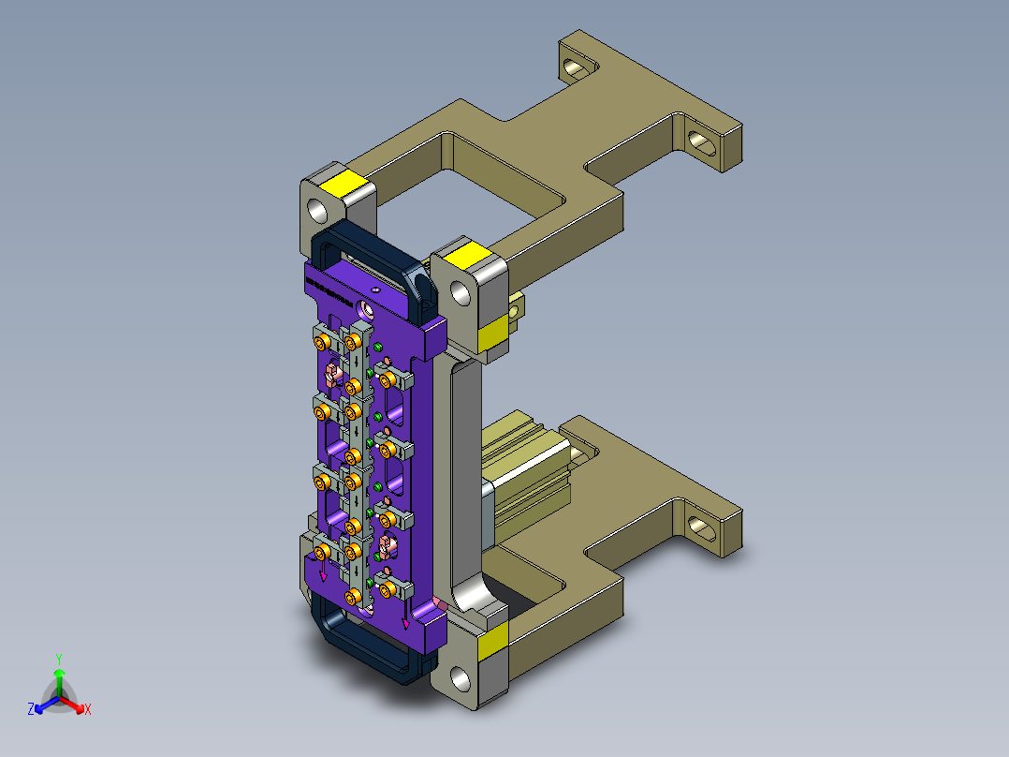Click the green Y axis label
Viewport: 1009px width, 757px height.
[x=58, y=658]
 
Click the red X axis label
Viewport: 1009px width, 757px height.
[x=87, y=709]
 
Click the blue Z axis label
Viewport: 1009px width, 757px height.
[x=31, y=709]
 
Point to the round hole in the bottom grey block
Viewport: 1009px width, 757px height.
[x=458, y=675]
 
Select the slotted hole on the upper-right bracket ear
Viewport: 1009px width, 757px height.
[x=700, y=141]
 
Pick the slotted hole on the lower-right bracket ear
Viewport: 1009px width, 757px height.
[x=702, y=527]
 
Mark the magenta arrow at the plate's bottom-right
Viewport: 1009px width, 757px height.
[x=405, y=620]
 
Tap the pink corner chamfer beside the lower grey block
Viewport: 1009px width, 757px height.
[x=438, y=601]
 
